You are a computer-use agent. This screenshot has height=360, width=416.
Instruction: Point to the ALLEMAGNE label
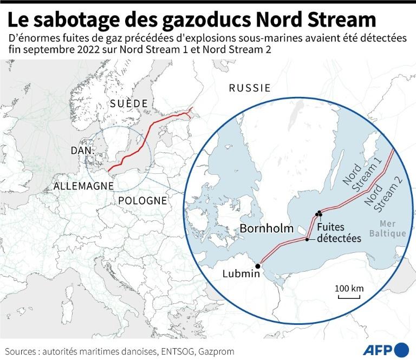pyautogui.click(x=83, y=186)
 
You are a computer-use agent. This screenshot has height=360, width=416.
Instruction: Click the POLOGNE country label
pyautogui.click(x=142, y=200)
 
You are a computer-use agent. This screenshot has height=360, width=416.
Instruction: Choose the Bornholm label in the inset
pyautogui.click(x=266, y=228)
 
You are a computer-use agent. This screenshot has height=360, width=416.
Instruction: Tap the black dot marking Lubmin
pyautogui.click(x=258, y=266)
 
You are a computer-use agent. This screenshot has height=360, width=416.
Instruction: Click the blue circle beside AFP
pyautogui.click(x=402, y=349)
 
